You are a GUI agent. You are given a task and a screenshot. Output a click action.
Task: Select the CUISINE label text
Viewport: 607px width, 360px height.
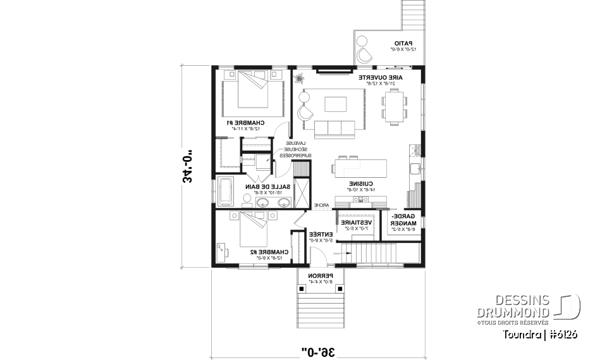tap(359, 184)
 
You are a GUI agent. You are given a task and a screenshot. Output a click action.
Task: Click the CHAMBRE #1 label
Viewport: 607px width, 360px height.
tap(244, 122)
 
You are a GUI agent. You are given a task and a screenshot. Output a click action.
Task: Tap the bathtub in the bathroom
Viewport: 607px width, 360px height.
tap(226, 192)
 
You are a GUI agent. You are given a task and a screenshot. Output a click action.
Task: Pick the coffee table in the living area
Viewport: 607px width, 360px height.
tap(335, 104)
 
